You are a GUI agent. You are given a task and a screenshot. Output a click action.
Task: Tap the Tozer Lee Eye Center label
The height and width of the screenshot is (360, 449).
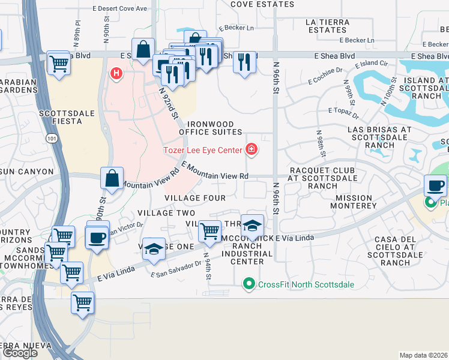203,149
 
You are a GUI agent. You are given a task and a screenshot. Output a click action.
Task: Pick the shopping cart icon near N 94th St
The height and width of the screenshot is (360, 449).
209,230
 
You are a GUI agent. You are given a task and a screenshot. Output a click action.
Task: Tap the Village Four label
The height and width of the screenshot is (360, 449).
195,198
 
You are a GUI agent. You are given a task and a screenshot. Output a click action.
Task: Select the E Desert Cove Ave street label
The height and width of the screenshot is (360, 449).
128,9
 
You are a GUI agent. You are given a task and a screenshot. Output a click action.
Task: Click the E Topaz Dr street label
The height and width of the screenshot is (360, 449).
343,111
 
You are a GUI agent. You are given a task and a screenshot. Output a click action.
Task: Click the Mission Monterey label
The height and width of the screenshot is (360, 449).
357,202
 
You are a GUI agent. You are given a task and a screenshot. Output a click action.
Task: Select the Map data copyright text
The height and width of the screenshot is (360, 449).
424,355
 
